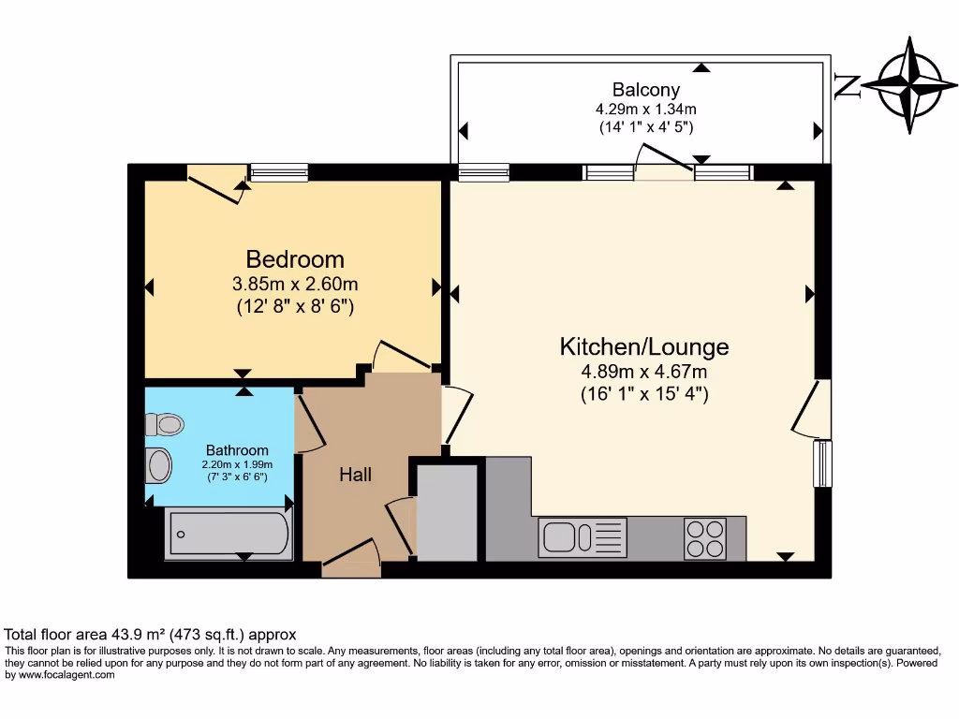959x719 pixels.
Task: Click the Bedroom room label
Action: click(x=295, y=259)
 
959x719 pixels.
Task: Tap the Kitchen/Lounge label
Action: click(x=643, y=347)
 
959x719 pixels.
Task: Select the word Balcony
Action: click(x=645, y=90)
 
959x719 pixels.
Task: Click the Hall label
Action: click(x=355, y=475)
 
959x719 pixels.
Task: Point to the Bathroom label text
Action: click(x=237, y=450)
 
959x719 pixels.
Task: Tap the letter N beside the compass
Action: click(x=847, y=86)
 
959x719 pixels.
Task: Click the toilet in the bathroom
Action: click(x=165, y=425)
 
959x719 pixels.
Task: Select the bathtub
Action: click(x=228, y=536)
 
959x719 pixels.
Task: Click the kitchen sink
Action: click(x=561, y=538)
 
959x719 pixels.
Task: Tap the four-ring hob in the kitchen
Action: click(x=705, y=538)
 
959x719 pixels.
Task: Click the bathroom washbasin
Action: click(x=160, y=464)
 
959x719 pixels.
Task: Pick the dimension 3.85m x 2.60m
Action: click(x=295, y=284)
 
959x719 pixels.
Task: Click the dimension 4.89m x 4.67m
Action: click(x=643, y=372)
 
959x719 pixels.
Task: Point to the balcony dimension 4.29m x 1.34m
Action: click(x=645, y=109)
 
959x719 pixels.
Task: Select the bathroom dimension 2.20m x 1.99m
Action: click(x=237, y=464)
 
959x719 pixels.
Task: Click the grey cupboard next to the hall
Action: click(x=447, y=510)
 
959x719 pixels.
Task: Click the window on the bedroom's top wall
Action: click(x=278, y=171)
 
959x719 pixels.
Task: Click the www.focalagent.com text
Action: click(x=66, y=675)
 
